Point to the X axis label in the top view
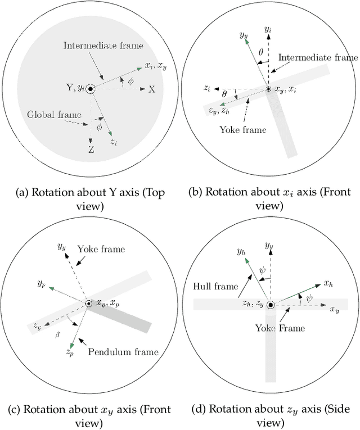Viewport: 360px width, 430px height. (151, 89)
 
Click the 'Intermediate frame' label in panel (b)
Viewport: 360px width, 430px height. (318, 57)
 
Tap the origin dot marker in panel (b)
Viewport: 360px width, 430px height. (268, 89)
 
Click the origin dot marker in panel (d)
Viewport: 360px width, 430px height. (271, 305)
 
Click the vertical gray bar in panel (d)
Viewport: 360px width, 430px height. (271, 348)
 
